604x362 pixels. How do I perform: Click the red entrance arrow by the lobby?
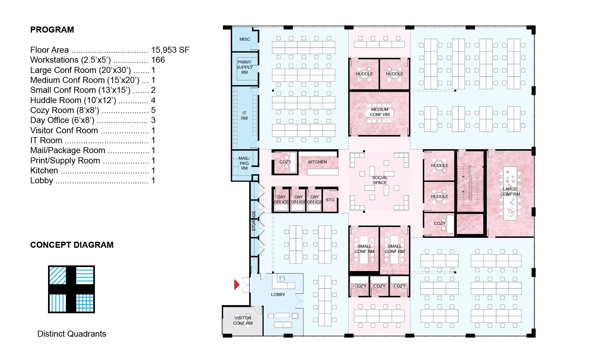coord(237,285)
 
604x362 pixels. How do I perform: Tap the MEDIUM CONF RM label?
coord(380,112)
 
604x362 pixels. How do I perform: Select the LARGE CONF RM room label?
coord(510,192)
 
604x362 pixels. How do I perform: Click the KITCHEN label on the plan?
coord(317,162)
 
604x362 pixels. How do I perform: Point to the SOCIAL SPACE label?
coord(380,180)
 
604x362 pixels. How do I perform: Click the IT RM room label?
coord(244,116)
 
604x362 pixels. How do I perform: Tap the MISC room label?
coord(245,39)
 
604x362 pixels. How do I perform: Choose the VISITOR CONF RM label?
coord(243,320)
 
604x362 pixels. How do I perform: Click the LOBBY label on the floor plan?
coord(278,294)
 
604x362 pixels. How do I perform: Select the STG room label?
coord(330,200)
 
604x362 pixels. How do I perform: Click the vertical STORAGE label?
coord(254,221)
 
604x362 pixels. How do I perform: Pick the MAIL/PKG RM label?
coord(244,163)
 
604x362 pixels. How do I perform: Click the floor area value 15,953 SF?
coord(170,50)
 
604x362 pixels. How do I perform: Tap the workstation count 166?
coord(158,60)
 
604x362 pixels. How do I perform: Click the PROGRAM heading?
coord(52,30)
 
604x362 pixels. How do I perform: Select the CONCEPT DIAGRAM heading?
coord(72,245)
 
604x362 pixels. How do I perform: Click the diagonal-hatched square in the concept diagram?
coord(58,275)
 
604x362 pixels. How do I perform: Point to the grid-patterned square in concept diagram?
coord(85,303)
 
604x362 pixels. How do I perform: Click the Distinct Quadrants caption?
coord(72,334)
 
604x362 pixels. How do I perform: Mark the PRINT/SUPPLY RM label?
coord(244,67)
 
